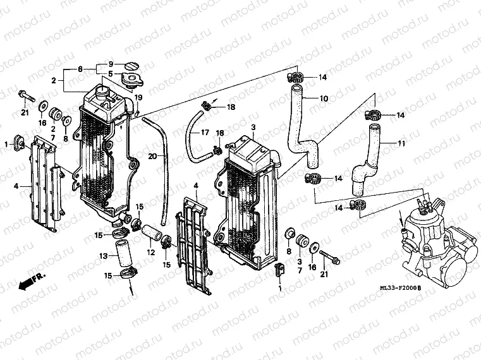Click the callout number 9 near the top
pyautogui.click(x=110, y=64)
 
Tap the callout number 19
pyautogui.click(x=138, y=97)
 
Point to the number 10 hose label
pyautogui.click(x=324, y=99)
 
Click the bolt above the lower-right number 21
pyautogui.click(x=328, y=259)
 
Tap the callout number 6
pyautogui.click(x=80, y=68)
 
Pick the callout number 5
pyautogui.click(x=110, y=75)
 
